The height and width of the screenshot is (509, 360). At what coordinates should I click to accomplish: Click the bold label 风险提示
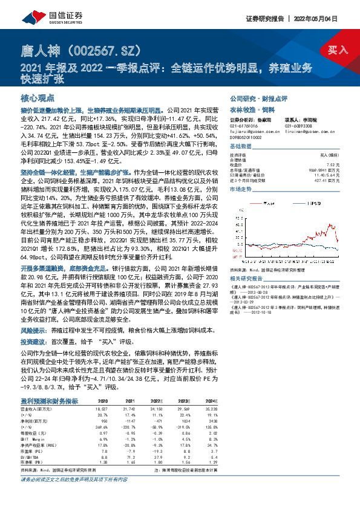(x=33, y=331)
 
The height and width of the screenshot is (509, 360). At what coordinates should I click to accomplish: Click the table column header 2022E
(x=157, y=401)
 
